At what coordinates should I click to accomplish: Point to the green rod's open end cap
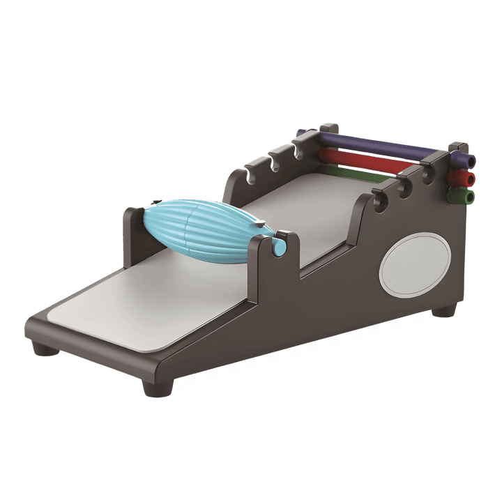click(471, 197)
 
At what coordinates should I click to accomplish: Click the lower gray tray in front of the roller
click(139, 300)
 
